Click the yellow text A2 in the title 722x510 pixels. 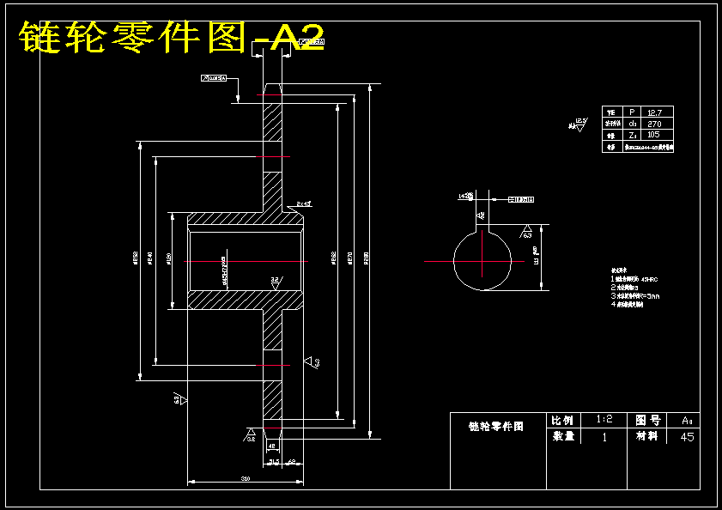coord(297,37)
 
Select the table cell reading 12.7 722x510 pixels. coord(654,112)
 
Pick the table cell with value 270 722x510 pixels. coord(654,124)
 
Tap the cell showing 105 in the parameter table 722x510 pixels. coord(654,135)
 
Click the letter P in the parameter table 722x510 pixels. coord(632,112)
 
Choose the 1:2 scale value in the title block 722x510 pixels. coord(604,420)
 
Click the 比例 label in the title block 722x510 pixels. coord(563,420)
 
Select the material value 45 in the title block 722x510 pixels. coord(686,437)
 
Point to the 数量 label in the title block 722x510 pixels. coord(563,436)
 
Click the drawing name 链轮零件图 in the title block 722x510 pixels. coord(496,425)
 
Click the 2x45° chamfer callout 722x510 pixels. coord(303,203)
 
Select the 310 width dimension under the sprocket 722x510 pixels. coord(245,477)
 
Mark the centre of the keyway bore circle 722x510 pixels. coord(483,259)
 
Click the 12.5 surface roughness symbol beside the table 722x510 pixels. coord(579,124)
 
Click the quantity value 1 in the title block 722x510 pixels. coord(604,437)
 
